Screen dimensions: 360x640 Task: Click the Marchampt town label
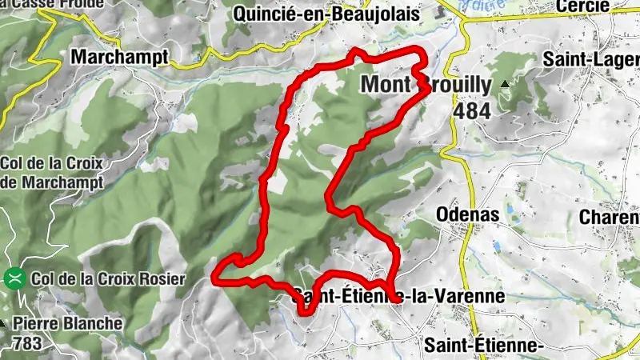tap(120, 57)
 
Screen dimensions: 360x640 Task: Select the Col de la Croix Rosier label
tap(108, 279)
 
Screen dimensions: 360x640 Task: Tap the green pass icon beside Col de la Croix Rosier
tap(14, 279)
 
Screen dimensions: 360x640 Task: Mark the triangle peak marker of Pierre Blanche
tap(2, 324)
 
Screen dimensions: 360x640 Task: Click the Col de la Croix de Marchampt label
tap(53, 172)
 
